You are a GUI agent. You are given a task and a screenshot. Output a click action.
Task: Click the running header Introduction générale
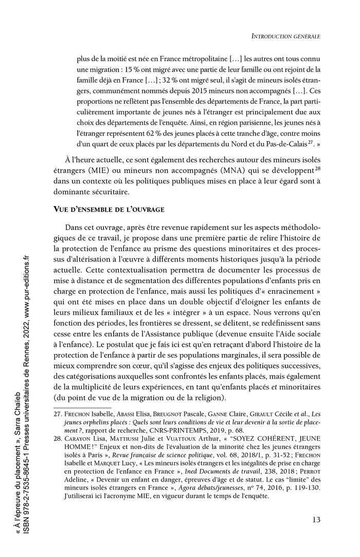coord(284,36)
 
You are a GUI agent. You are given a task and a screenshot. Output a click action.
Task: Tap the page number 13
coord(316,519)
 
